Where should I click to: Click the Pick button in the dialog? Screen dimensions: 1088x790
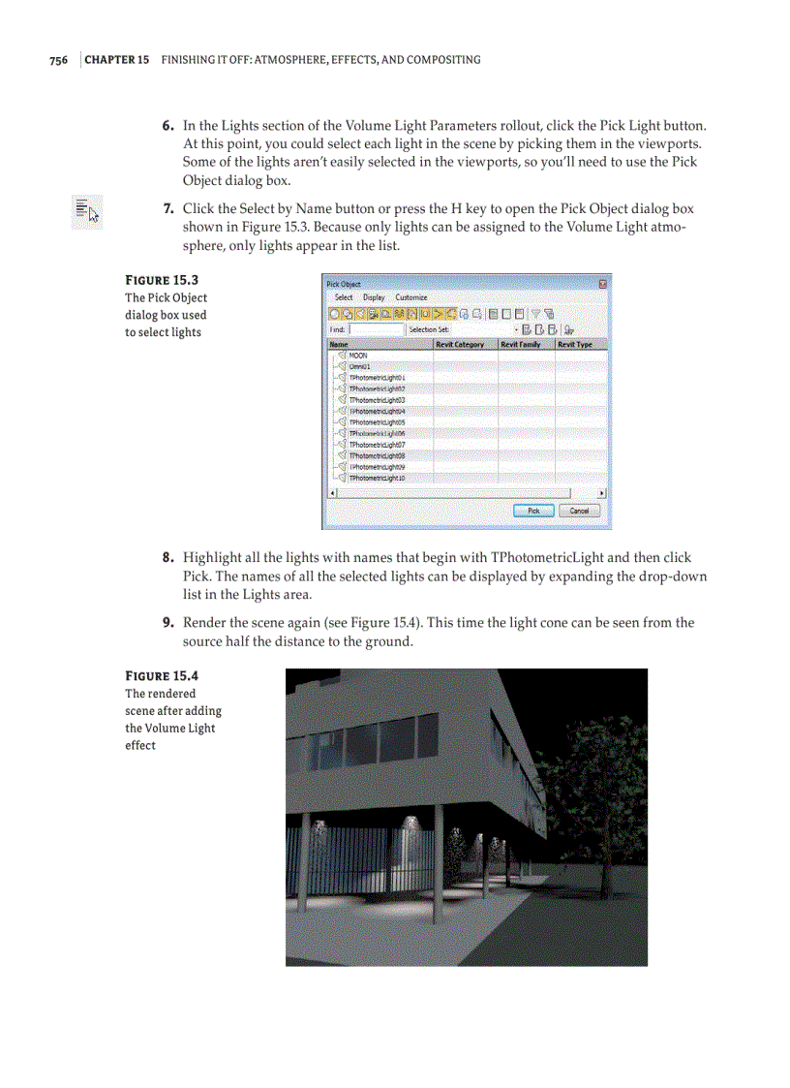[533, 511]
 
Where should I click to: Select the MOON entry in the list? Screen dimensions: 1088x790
[357, 356]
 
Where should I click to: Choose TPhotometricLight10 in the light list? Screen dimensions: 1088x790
[377, 478]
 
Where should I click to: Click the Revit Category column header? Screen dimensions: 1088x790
[460, 344]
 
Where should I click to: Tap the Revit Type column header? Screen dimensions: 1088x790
[575, 344]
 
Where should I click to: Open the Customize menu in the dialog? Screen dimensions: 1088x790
[411, 297]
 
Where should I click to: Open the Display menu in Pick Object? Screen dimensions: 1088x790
[374, 297]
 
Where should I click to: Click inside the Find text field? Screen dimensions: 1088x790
[377, 329]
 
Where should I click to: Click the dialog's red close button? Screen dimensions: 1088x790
[603, 284]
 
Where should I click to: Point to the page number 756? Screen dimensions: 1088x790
[58, 60]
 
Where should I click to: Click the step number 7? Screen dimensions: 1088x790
[167, 209]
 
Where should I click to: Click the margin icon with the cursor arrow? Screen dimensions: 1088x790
[87, 210]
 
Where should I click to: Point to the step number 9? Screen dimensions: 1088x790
[167, 623]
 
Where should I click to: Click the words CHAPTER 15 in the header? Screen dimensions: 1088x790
[117, 60]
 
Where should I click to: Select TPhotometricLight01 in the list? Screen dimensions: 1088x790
[377, 378]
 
